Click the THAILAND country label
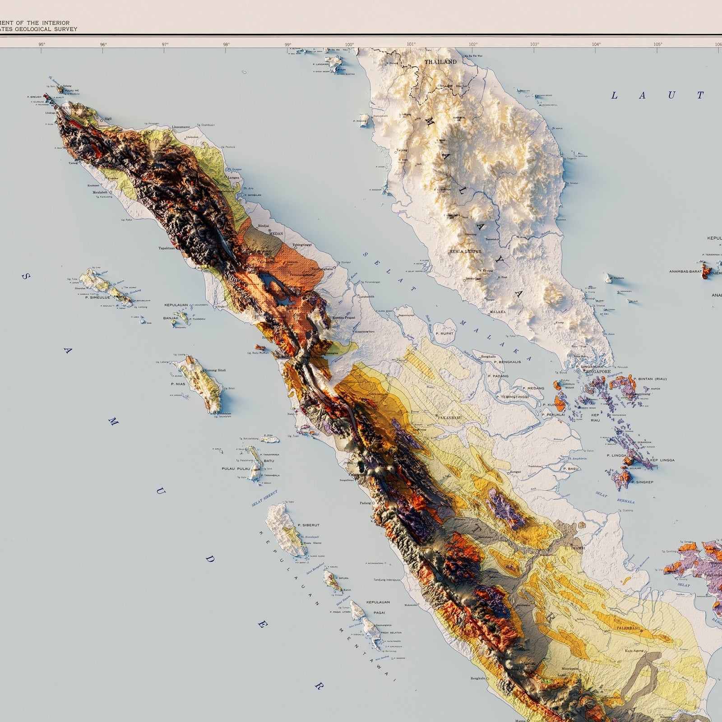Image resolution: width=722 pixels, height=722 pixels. coord(440,62)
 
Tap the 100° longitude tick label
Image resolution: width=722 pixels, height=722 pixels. coord(349,44)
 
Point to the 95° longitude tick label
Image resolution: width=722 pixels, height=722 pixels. coord(42,44)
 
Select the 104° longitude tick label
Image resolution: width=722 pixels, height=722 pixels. coord(596,44)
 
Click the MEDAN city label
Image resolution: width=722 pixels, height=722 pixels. coord(276,234)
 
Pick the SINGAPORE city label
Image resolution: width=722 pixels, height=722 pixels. coord(598,371)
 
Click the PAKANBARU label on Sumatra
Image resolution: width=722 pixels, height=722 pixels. coord(450,418)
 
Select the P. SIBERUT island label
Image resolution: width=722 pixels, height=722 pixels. coord(309,525)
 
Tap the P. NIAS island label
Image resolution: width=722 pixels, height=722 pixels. coord(178,384)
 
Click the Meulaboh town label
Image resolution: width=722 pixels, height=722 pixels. coord(100,192)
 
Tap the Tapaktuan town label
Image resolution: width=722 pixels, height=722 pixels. coord(167,248)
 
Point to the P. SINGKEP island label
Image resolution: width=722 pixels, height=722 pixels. coord(642,482)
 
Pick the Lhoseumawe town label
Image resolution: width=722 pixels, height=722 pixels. coord(184,127)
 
